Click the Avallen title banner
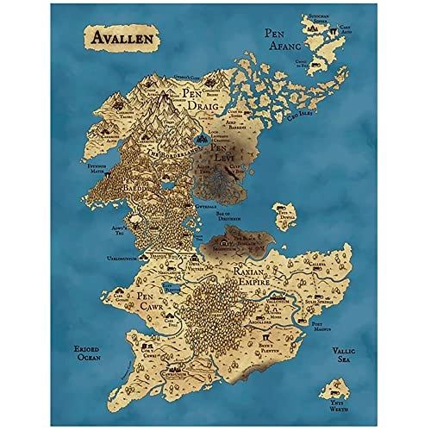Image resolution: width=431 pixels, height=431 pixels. [x=121, y=39]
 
